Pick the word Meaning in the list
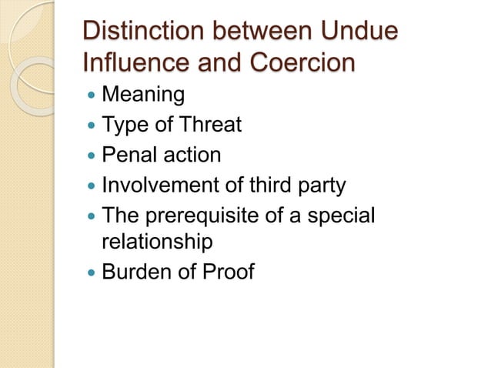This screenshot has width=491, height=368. tap(143, 95)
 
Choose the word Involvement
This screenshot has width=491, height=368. tap(157, 185)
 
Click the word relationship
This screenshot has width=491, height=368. tap(156, 243)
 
